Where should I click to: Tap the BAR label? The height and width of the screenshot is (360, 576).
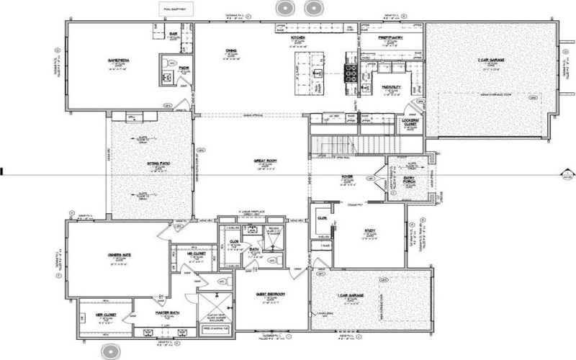[x=174, y=33]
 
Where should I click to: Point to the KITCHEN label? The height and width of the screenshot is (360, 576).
[x=299, y=37]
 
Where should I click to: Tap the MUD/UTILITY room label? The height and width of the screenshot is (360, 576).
[x=390, y=86]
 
